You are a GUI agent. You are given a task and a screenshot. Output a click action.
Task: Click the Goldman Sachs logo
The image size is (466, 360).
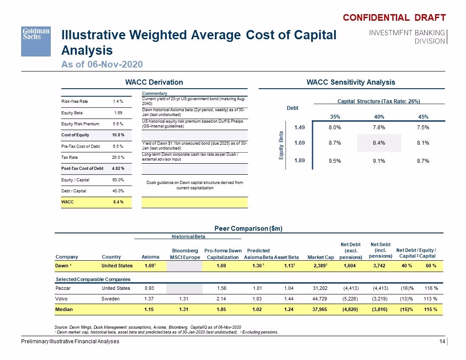(36, 41)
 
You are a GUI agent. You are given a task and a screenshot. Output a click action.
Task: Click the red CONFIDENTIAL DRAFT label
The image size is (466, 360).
(395, 18)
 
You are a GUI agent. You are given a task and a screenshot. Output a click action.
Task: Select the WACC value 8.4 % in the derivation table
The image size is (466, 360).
(118, 202)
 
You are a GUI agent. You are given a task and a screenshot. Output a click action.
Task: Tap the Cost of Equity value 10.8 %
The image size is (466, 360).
(118, 135)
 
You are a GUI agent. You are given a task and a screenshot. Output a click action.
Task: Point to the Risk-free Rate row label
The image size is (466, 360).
(75, 101)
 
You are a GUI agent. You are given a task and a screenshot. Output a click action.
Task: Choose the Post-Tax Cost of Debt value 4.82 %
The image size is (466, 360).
(118, 169)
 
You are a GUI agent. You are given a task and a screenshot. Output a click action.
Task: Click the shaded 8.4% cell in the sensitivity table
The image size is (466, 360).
(379, 143)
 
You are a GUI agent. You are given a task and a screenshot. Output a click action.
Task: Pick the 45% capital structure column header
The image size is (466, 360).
(423, 117)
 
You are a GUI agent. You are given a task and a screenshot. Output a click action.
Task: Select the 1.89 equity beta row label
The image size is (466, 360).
(300, 161)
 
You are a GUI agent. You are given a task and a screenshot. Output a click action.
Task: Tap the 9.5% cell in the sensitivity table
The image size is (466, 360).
(335, 161)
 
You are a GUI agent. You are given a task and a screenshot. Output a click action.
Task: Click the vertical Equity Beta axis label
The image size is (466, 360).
(281, 145)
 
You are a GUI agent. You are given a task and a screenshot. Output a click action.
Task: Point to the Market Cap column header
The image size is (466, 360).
(321, 257)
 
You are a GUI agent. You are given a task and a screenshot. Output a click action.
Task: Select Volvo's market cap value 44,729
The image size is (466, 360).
(320, 299)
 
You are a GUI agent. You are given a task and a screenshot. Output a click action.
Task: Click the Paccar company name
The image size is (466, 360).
(63, 288)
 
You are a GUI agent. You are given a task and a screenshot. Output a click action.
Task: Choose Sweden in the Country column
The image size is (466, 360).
(111, 299)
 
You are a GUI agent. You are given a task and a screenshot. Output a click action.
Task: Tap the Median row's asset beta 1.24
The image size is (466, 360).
(289, 310)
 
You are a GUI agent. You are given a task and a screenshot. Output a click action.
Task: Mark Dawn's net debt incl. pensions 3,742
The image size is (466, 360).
(379, 266)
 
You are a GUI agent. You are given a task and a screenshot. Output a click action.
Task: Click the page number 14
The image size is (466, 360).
(442, 341)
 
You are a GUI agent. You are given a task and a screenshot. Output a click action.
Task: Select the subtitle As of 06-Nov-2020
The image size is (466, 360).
(102, 64)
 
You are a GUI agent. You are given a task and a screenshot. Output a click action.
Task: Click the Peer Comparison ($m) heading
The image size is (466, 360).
(248, 229)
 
